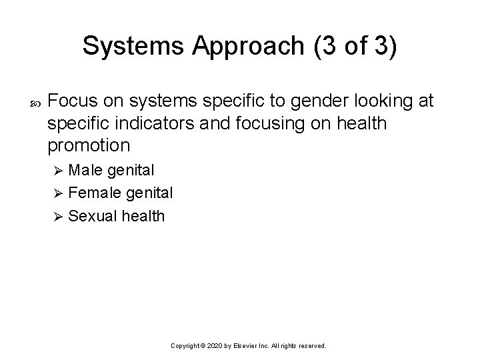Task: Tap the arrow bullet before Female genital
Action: point(58,193)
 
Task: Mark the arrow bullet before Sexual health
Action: point(58,216)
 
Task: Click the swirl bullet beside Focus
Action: point(35,102)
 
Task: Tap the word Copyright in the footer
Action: point(187,347)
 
